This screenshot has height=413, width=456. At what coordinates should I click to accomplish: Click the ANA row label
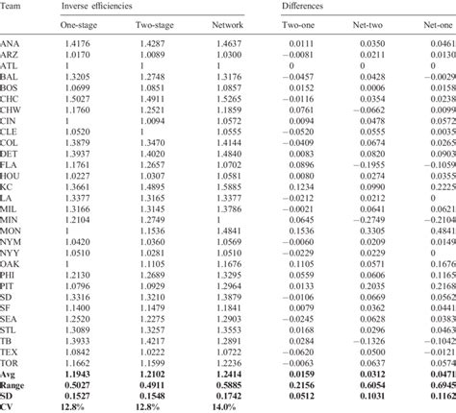tap(13, 44)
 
